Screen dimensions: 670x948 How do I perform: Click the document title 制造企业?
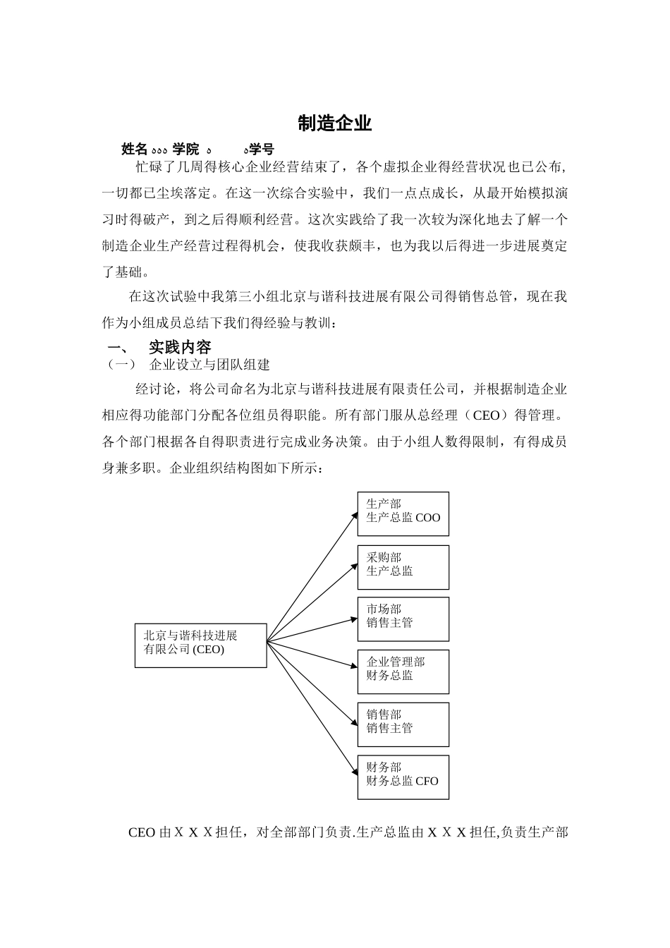click(334, 123)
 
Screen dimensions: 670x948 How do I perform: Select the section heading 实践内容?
click(180, 347)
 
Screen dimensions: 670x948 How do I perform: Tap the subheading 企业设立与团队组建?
click(209, 365)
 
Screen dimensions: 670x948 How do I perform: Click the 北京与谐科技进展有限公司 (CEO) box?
click(200, 645)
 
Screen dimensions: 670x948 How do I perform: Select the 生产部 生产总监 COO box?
click(403, 513)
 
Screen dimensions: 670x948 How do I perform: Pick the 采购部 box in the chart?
click(403, 567)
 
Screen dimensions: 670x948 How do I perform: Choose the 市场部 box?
click(403, 619)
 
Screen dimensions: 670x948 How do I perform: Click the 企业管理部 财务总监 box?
click(403, 671)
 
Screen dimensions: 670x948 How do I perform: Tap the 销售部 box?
click(403, 724)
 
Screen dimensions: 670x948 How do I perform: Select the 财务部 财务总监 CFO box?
click(403, 777)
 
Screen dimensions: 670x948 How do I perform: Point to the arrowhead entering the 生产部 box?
click(354, 515)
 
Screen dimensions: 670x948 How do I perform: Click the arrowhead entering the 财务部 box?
click(354, 775)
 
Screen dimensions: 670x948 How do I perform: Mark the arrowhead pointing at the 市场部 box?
click(353, 620)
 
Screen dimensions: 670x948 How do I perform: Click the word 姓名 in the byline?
click(134, 150)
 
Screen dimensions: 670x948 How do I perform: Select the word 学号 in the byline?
click(261, 150)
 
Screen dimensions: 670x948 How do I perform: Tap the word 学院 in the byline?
click(185, 150)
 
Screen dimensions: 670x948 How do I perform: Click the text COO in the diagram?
click(427, 518)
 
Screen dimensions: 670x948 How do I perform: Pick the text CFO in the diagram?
click(427, 782)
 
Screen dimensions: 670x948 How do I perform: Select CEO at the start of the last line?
click(142, 833)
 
